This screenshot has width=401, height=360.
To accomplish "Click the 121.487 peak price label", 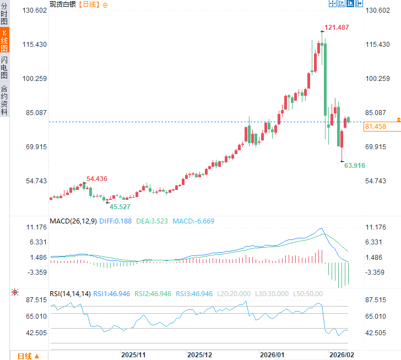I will pyautogui.click(x=336, y=28).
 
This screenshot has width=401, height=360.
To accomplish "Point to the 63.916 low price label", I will pyautogui.click(x=355, y=165).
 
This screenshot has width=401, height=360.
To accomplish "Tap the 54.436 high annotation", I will pyautogui.click(x=96, y=178).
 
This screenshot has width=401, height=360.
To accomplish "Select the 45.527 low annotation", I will pyautogui.click(x=120, y=207).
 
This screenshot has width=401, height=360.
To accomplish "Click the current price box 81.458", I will pyautogui.click(x=375, y=127).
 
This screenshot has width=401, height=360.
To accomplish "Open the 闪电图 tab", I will pyautogui.click(x=4, y=67).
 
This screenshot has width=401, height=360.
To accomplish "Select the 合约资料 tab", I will pyautogui.click(x=4, y=100).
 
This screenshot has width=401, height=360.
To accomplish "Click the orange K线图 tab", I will pyautogui.click(x=4, y=40).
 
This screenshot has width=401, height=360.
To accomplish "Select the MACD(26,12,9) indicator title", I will pyautogui.click(x=73, y=221).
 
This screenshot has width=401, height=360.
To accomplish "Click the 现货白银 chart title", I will pyautogui.click(x=62, y=4).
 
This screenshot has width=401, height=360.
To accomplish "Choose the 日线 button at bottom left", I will pyautogui.click(x=28, y=355).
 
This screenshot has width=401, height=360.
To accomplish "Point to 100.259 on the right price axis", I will pyautogui.click(x=378, y=79).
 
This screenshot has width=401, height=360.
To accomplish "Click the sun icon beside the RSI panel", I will pyautogui.click(x=14, y=292).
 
